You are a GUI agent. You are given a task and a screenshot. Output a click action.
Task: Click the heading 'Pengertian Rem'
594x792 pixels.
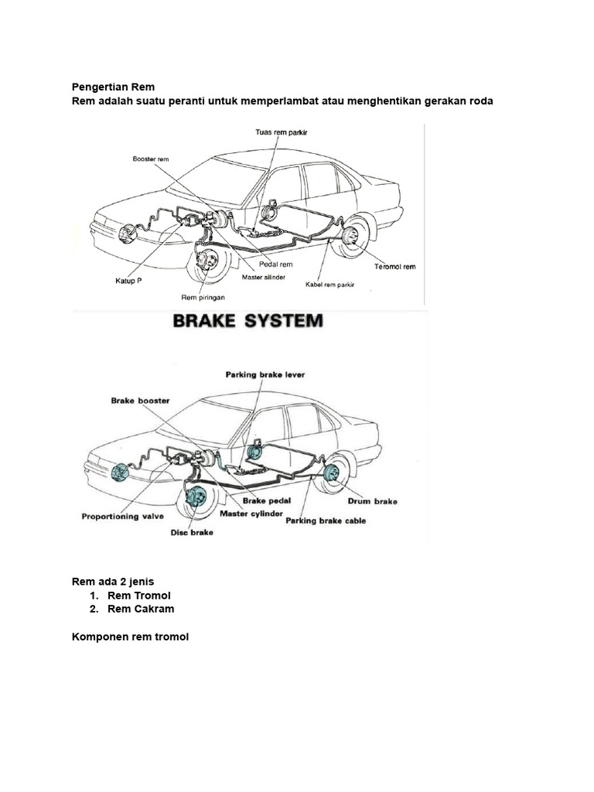pos(113,87)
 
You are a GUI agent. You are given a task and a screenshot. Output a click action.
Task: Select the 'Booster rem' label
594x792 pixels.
pos(150,159)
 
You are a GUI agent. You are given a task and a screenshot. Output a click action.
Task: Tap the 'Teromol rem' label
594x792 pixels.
pos(395,267)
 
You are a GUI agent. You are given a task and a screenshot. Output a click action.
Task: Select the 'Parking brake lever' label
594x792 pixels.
pos(265,374)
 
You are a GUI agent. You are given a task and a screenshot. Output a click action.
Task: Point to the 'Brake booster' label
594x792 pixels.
pos(140,401)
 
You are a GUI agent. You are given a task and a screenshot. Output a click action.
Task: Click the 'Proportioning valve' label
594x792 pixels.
pos(122,516)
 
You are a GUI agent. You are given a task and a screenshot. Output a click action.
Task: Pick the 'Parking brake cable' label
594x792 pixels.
pos(326,521)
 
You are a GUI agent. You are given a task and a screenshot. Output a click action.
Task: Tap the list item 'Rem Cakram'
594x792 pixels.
pos(141,609)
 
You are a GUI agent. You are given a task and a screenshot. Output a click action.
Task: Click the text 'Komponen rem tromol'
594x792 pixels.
pos(130,637)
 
